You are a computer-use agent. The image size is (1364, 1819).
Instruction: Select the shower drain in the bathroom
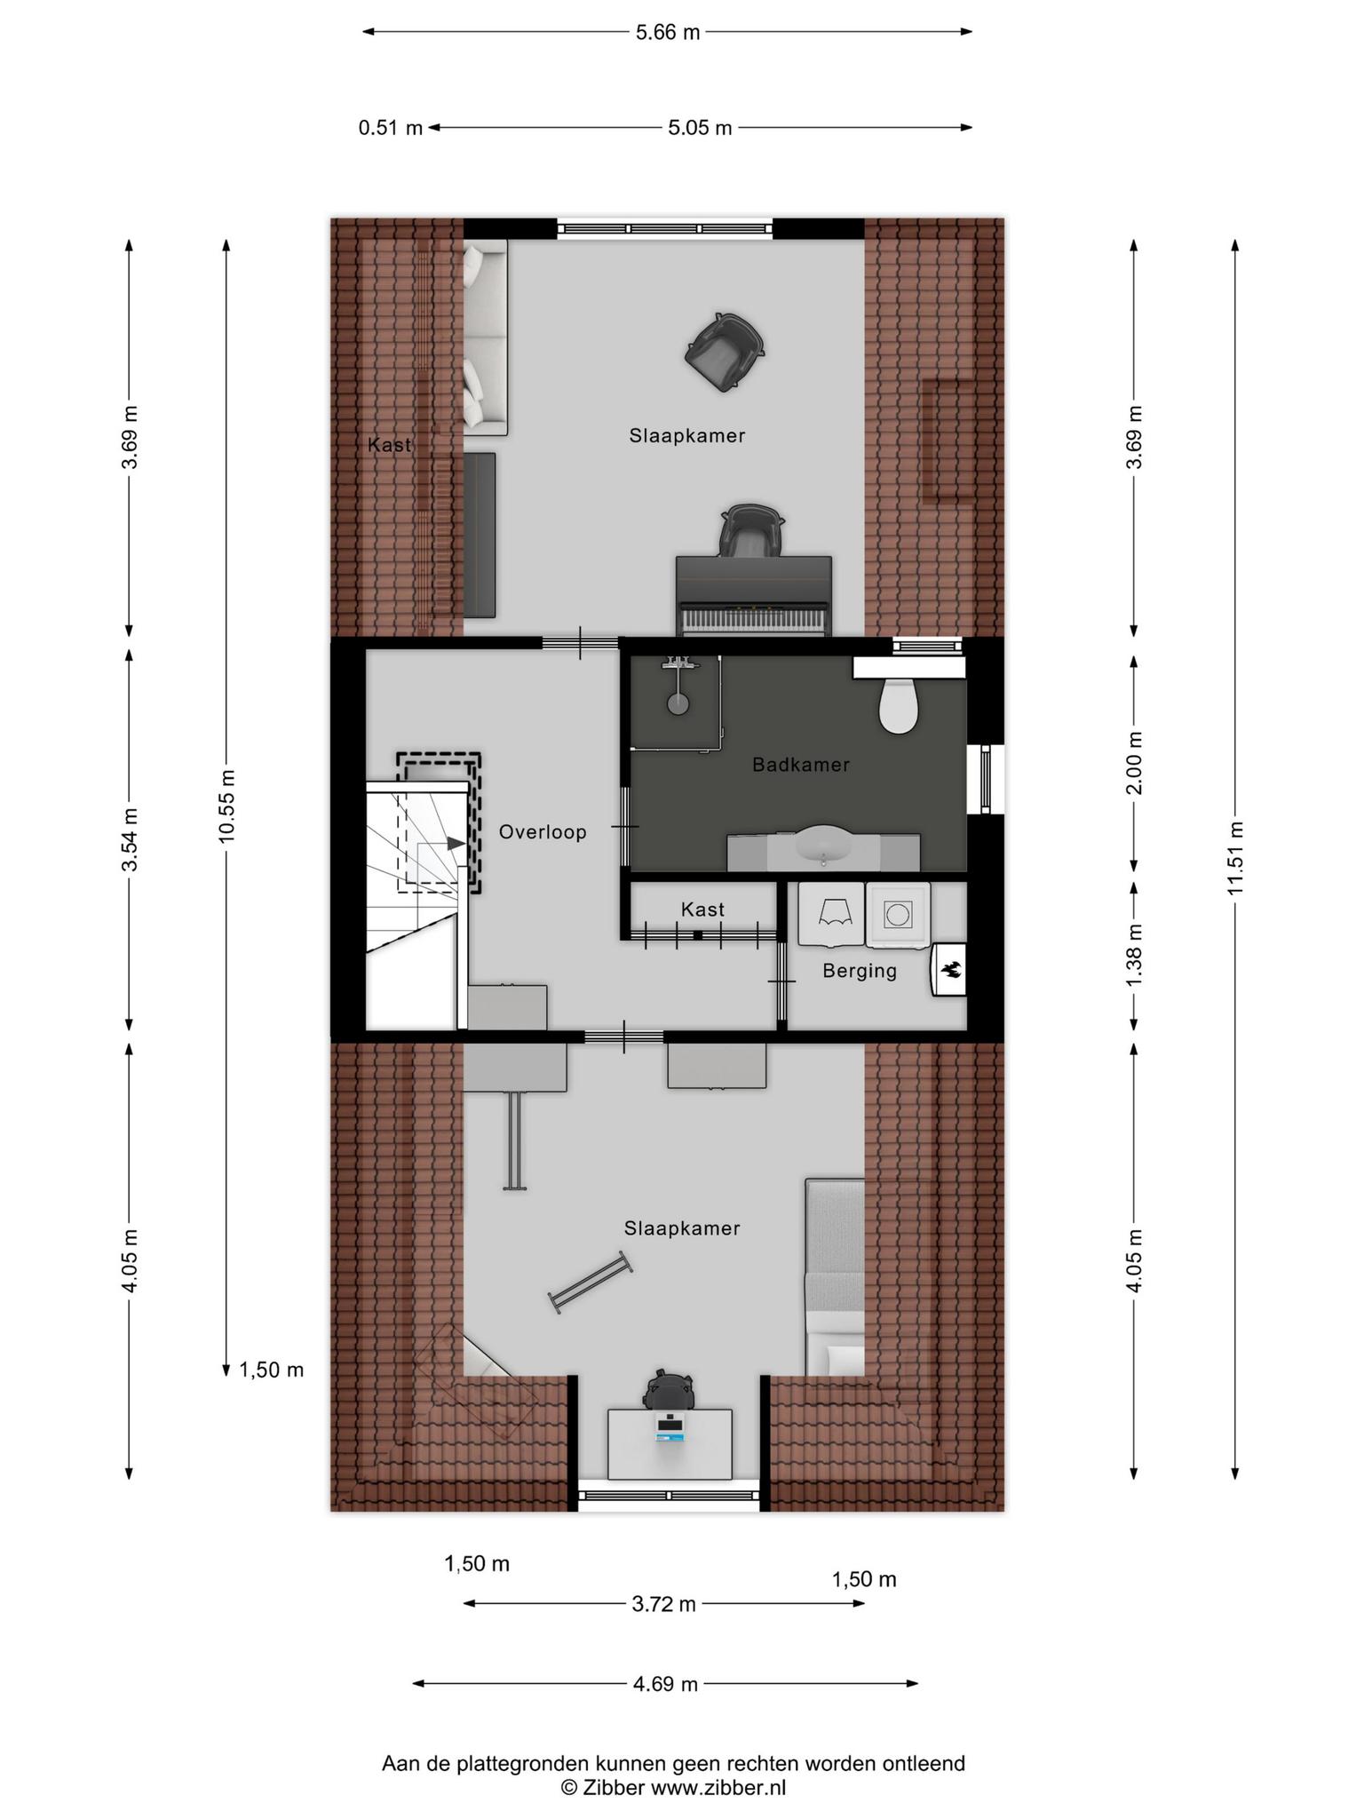pyautogui.click(x=678, y=703)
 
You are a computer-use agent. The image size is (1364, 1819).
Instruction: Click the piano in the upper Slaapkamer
pyautogui.click(x=754, y=597)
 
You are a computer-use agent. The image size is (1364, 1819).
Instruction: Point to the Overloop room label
pyautogui.click(x=543, y=832)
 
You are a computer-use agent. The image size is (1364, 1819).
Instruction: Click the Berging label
pyautogui.click(x=860, y=971)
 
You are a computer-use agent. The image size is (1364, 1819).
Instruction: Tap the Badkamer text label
pyautogui.click(x=801, y=765)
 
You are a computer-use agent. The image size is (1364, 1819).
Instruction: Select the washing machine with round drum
pyautogui.click(x=898, y=913)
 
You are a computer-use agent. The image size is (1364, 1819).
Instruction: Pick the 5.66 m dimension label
pyautogui.click(x=667, y=33)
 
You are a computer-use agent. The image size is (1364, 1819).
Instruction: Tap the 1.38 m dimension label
pyautogui.click(x=1134, y=955)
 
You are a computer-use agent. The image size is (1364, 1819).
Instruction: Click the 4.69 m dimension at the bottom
pyautogui.click(x=665, y=1683)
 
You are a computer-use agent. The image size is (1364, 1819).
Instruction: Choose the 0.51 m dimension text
pyautogui.click(x=391, y=128)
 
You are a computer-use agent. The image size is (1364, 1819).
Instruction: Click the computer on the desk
pyautogui.click(x=670, y=1426)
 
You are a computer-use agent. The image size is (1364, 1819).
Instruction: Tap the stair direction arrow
pyautogui.click(x=455, y=843)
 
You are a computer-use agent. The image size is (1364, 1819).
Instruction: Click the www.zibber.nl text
pyautogui.click(x=718, y=1788)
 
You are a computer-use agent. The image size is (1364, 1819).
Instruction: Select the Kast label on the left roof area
pyautogui.click(x=390, y=445)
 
